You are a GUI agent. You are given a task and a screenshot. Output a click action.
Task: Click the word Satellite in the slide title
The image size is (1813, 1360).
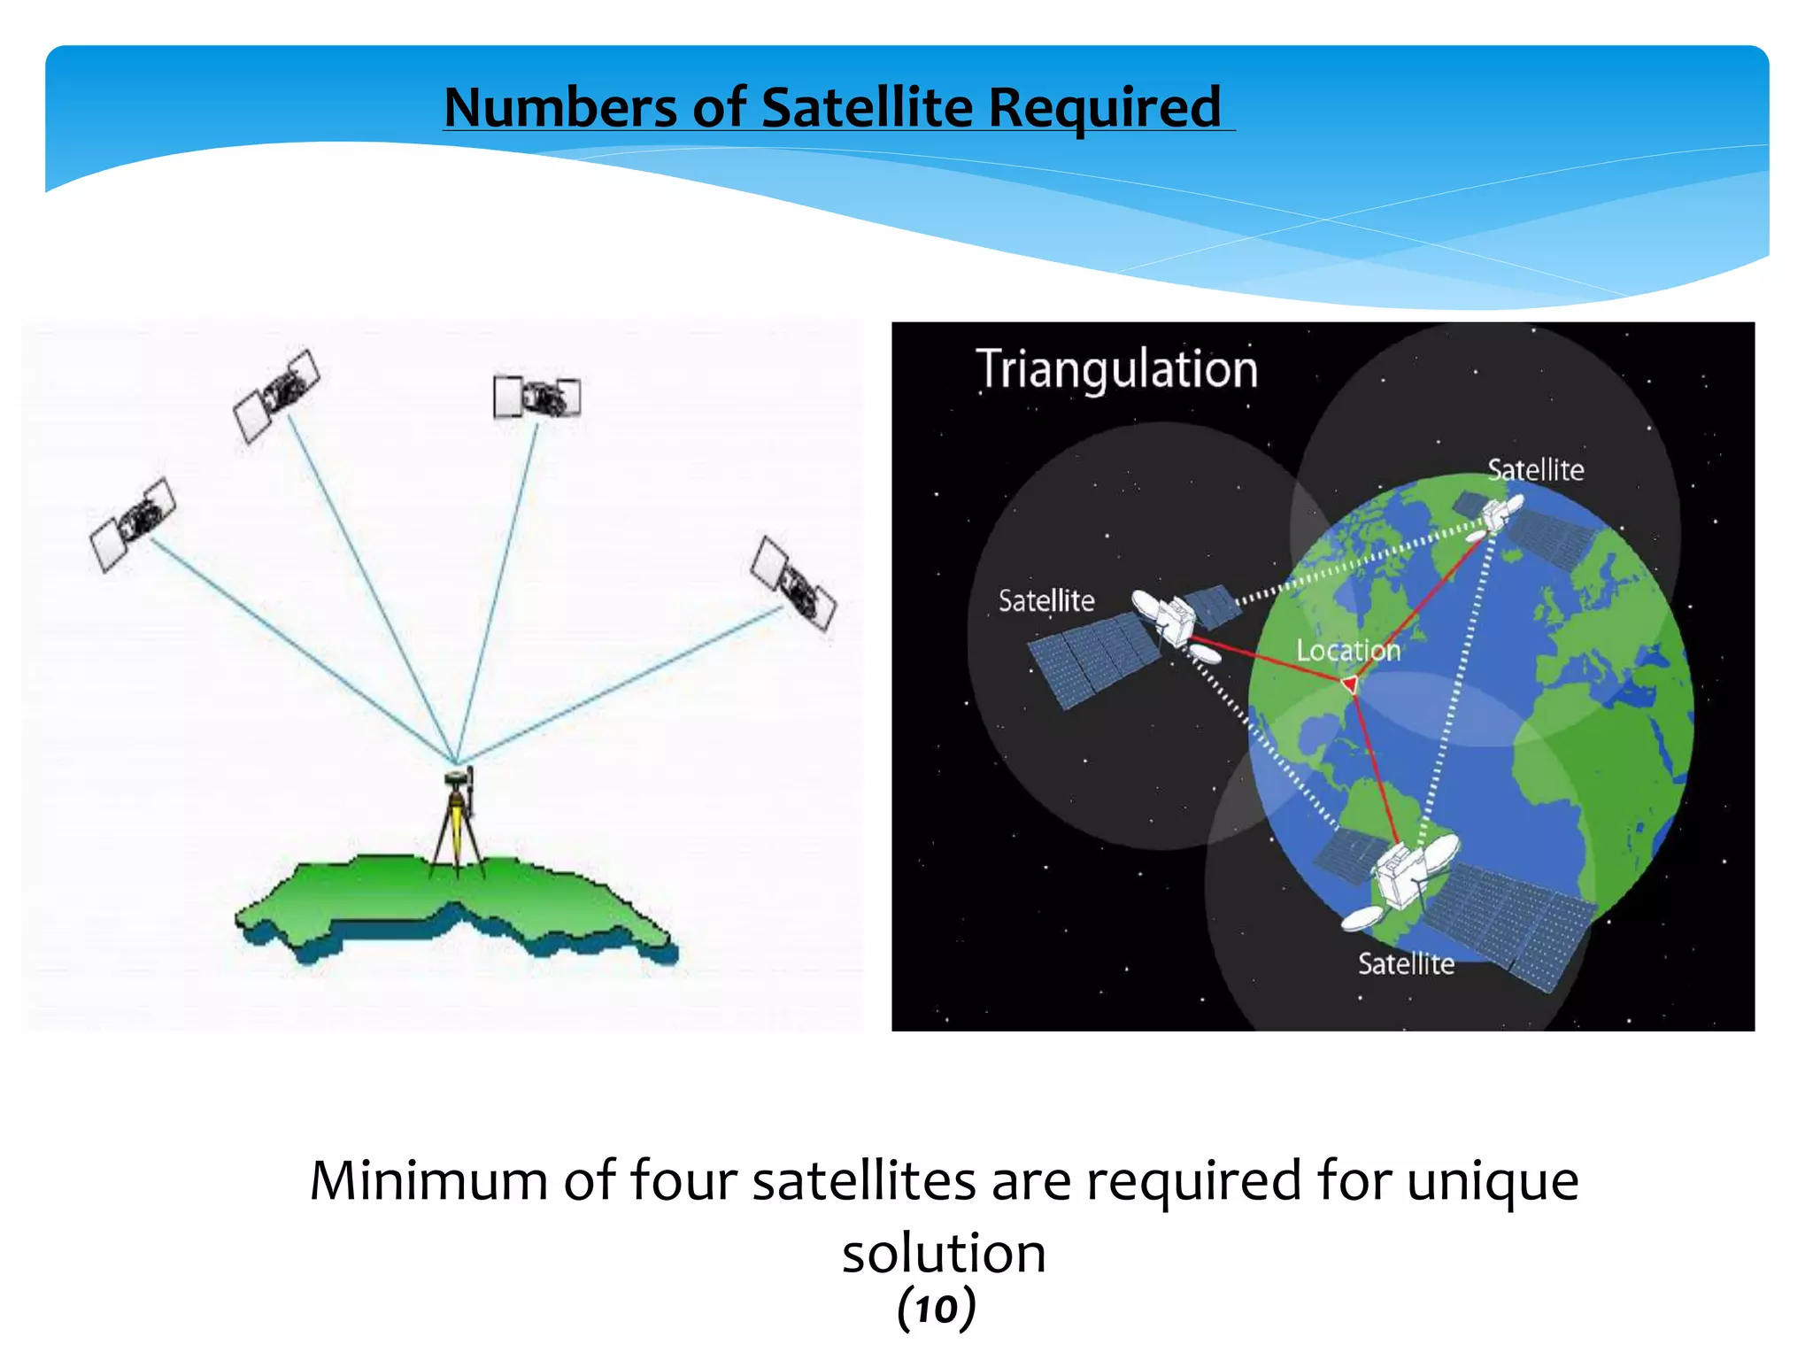[867, 108]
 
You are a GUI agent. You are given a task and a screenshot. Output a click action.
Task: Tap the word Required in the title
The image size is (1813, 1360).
[1104, 108]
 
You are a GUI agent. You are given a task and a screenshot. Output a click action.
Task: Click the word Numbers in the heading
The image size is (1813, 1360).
[559, 108]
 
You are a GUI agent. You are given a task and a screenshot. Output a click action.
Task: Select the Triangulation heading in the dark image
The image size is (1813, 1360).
[1115, 369]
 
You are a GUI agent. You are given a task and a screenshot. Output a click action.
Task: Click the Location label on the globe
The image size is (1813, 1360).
[1347, 651]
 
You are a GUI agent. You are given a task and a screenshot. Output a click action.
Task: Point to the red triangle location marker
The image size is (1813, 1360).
[1350, 684]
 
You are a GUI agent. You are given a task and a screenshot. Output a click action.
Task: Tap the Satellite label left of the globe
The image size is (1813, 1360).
[1045, 601]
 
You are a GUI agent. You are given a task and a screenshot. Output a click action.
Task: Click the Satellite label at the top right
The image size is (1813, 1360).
[1535, 470]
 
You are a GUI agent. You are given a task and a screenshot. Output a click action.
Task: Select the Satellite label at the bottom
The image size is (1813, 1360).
[1406, 963]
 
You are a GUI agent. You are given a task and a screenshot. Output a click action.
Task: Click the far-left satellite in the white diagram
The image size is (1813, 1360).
[133, 524]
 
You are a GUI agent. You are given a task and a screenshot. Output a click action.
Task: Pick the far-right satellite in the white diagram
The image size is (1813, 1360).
[792, 583]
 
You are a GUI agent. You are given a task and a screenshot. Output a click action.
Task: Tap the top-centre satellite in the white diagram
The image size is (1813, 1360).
[536, 397]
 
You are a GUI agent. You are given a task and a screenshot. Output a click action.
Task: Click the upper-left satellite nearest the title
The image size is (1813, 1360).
[276, 395]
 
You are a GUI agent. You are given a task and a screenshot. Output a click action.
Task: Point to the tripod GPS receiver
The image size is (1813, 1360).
[458, 819]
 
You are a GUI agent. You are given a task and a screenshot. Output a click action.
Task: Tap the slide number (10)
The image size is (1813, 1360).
[936, 1310]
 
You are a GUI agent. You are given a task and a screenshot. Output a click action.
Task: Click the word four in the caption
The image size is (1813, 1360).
[683, 1181]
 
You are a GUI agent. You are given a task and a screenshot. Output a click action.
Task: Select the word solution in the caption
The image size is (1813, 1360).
[944, 1254]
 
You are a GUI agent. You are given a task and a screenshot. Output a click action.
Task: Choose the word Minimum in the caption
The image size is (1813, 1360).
[429, 1181]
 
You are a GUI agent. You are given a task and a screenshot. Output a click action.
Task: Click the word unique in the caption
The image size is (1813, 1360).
[1492, 1181]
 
